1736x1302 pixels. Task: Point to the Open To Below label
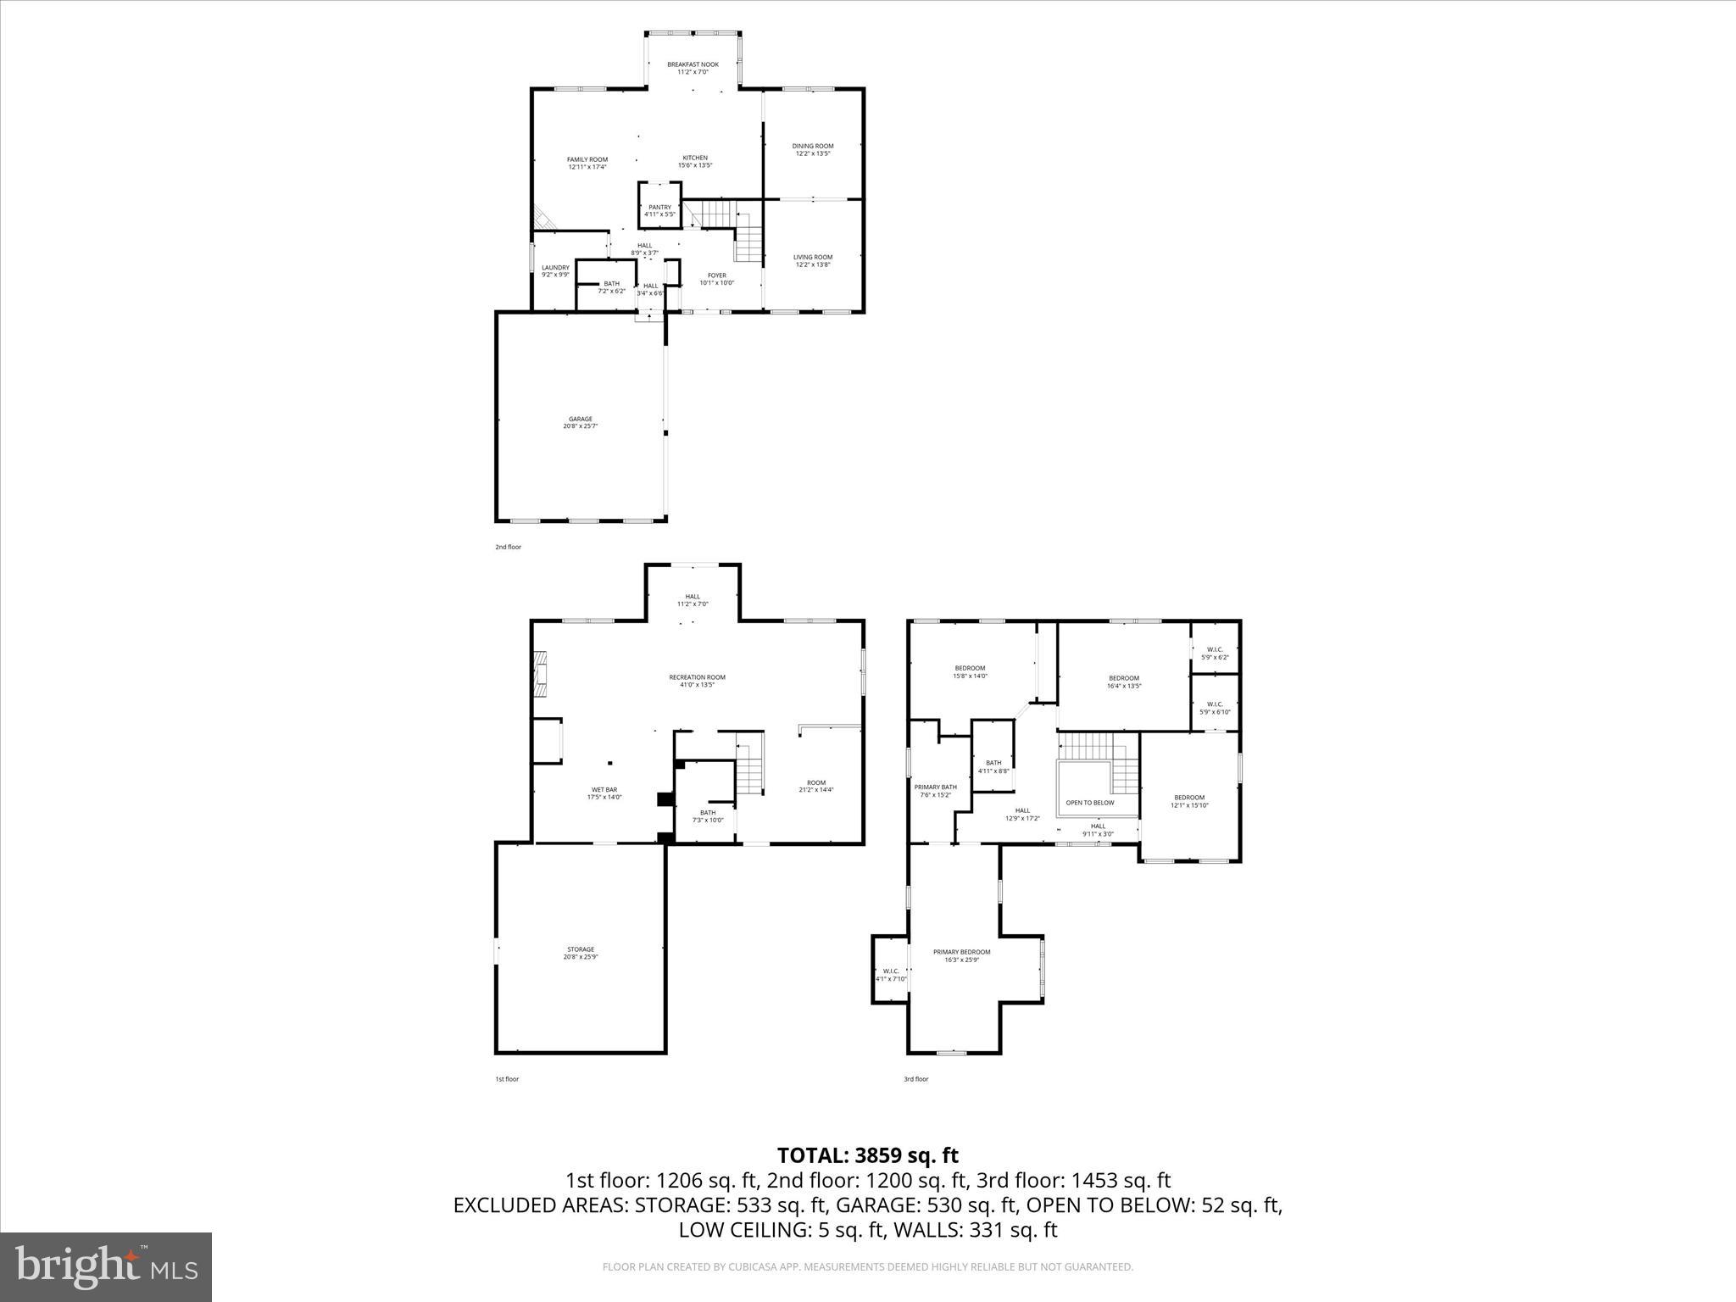pyautogui.click(x=1090, y=803)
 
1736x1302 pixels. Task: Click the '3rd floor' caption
pyautogui.click(x=915, y=1079)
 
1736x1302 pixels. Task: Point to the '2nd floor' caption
pyautogui.click(x=508, y=547)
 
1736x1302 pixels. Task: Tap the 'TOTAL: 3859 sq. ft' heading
pyautogui.click(x=868, y=1155)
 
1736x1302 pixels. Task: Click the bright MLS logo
pyautogui.click(x=106, y=1267)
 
